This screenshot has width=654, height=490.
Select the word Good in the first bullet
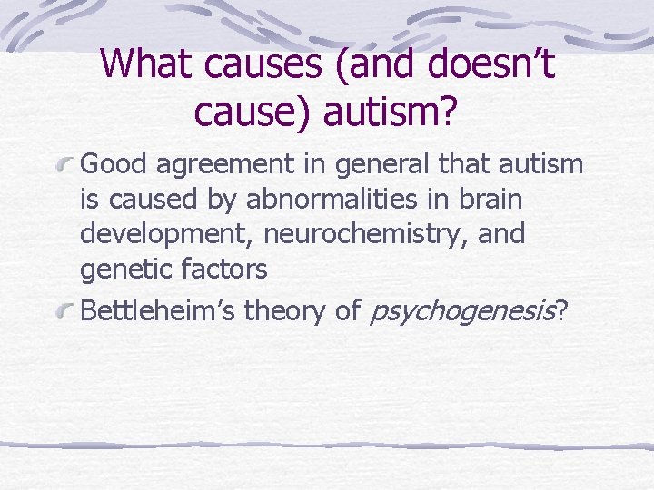pyautogui.click(x=114, y=164)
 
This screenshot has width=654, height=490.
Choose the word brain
pyautogui.click(x=493, y=200)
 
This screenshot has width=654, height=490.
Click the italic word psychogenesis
pyautogui.click(x=461, y=313)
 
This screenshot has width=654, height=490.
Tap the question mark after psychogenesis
pyautogui.click(x=562, y=311)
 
